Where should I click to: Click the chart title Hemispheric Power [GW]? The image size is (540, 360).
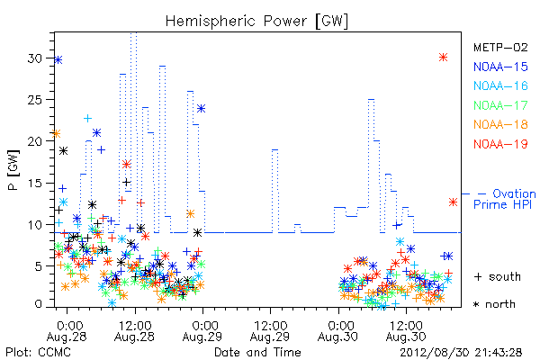(256, 22)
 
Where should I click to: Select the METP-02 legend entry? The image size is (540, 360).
(500, 47)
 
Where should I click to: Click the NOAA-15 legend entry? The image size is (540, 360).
(500, 67)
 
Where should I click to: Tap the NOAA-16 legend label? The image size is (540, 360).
(500, 85)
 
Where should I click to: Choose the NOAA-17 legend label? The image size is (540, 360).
(500, 105)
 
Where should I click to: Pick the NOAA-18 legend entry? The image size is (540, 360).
(500, 124)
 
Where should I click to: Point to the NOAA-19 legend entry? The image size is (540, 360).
(500, 144)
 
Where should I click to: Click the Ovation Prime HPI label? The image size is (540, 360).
(505, 199)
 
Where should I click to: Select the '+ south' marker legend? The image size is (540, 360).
(498, 276)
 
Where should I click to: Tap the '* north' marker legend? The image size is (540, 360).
(494, 304)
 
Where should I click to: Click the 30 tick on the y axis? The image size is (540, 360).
(35, 58)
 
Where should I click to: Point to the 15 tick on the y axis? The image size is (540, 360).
(35, 183)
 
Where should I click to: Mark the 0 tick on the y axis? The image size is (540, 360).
(38, 304)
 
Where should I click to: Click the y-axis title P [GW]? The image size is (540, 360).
(13, 170)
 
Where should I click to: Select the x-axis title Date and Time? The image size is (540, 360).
(257, 352)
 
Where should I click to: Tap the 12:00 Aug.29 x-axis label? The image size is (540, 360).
(270, 331)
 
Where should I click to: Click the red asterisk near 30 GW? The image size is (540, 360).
(443, 58)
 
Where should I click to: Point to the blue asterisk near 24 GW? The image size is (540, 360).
(201, 109)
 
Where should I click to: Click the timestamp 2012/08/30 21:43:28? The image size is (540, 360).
(461, 352)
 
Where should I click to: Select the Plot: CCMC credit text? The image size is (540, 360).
(38, 352)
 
